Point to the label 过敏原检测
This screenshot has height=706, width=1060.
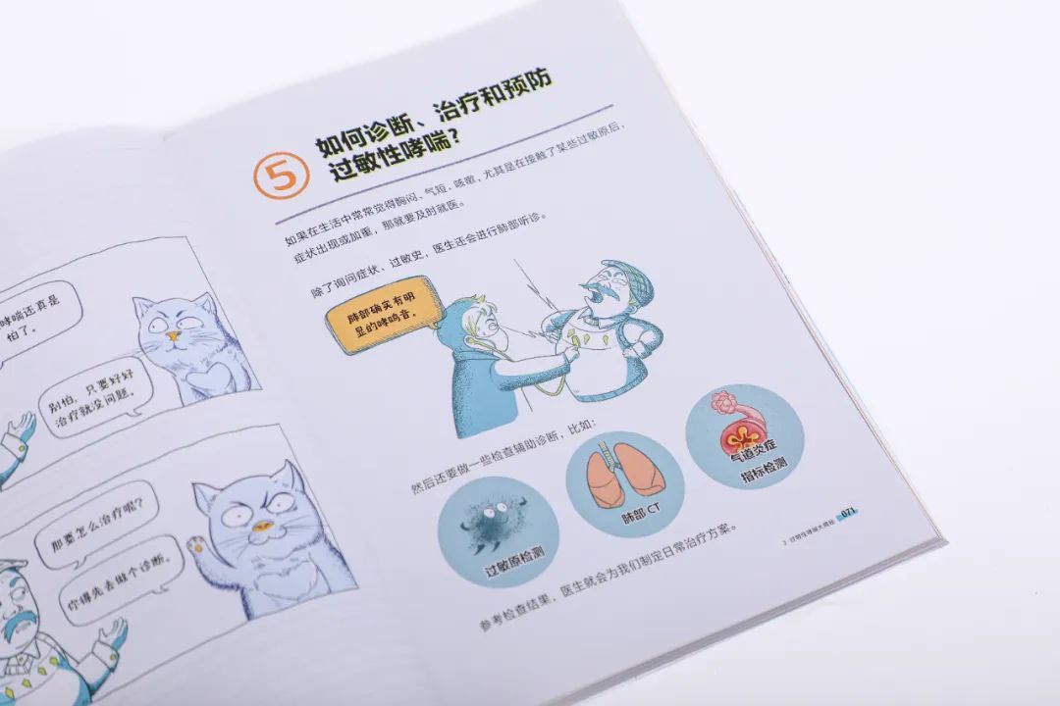click(509, 566)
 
